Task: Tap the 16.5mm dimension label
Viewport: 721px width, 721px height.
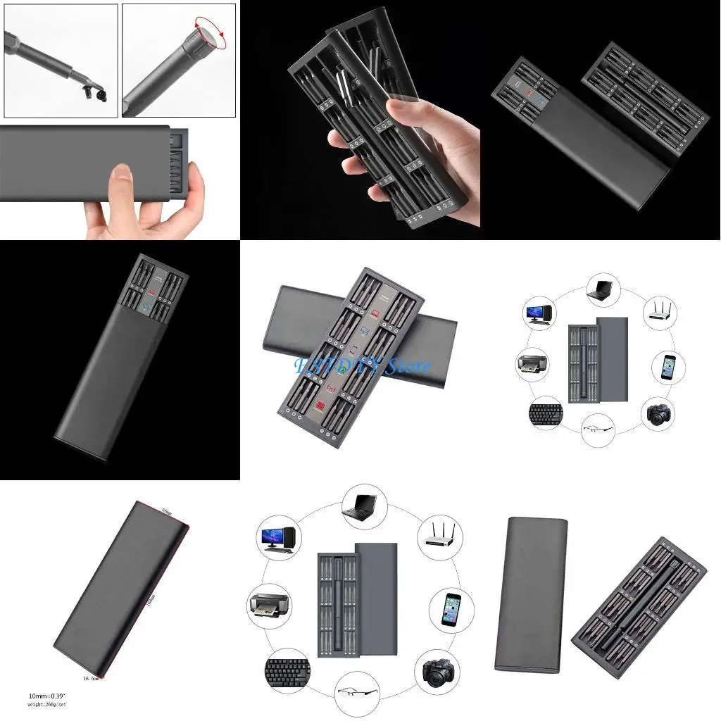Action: click(90, 677)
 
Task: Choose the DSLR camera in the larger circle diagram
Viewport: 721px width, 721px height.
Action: click(438, 672)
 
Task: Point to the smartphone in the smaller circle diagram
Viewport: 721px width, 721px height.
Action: click(667, 368)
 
